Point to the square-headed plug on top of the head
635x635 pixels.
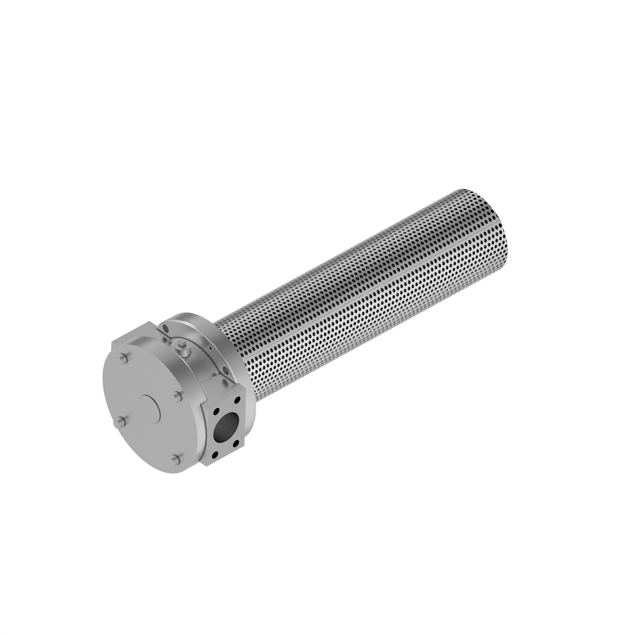[183, 348]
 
